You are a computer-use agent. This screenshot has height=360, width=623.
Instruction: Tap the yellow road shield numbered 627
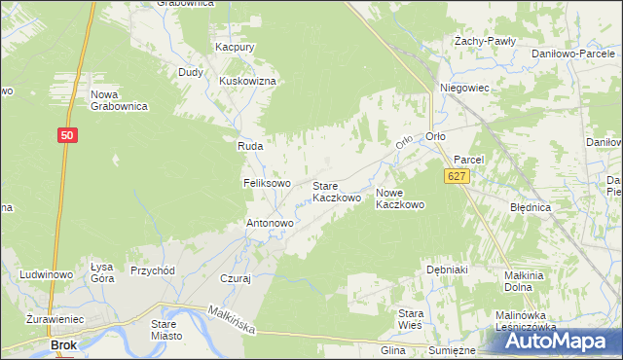click(x=458, y=176)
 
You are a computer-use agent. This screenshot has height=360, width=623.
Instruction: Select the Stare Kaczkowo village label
click(x=337, y=192)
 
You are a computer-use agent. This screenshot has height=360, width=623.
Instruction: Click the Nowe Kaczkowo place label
click(x=400, y=198)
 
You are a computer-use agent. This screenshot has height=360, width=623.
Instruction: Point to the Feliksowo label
click(x=267, y=183)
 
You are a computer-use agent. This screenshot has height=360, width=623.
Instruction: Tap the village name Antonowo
click(x=270, y=223)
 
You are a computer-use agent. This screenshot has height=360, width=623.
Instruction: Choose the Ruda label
click(x=251, y=146)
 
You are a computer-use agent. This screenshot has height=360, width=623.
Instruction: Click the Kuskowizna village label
click(x=249, y=81)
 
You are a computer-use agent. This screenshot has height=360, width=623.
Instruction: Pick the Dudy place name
click(x=190, y=72)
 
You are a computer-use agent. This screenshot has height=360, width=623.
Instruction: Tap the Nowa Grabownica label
click(x=119, y=100)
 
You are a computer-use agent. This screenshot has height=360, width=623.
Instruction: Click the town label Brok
click(x=64, y=344)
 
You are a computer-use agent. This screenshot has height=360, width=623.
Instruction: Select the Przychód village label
click(x=152, y=271)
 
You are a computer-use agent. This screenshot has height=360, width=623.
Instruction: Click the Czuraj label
click(x=236, y=277)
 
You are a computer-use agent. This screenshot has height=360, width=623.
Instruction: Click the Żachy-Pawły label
click(x=485, y=42)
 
